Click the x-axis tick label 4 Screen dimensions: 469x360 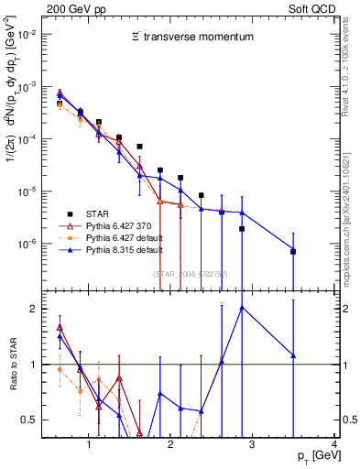click(x=334, y=445)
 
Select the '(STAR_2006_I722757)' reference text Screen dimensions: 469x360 click(x=191, y=275)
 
